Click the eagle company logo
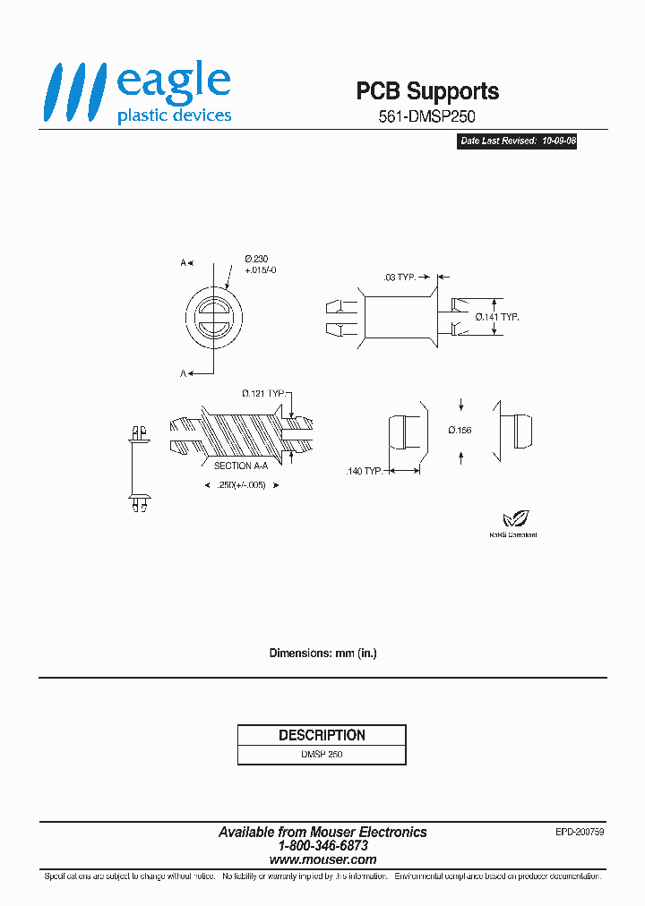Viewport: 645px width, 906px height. pyautogui.click(x=138, y=93)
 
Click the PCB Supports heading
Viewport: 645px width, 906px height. pyautogui.click(x=427, y=91)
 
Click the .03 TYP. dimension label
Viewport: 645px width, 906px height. pyautogui.click(x=400, y=278)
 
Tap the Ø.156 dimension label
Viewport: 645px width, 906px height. pyautogui.click(x=460, y=430)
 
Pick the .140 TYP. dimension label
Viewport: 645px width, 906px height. pyautogui.click(x=364, y=471)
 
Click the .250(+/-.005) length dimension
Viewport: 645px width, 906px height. pyautogui.click(x=241, y=484)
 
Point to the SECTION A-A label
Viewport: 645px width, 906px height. pyautogui.click(x=240, y=466)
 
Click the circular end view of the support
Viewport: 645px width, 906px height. pyautogui.click(x=213, y=317)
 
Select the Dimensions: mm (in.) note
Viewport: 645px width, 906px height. pyautogui.click(x=322, y=654)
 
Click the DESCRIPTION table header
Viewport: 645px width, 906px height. pyautogui.click(x=322, y=735)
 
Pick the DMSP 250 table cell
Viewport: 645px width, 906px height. pyautogui.click(x=322, y=755)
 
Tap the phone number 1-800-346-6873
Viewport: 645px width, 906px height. pyautogui.click(x=322, y=845)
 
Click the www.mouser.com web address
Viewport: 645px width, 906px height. pyautogui.click(x=322, y=859)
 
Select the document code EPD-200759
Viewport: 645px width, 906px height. pyautogui.click(x=580, y=832)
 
